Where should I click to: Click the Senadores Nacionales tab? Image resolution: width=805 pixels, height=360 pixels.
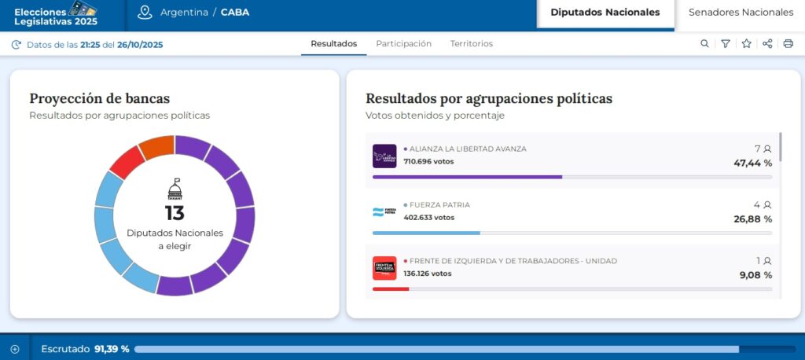click(741, 13)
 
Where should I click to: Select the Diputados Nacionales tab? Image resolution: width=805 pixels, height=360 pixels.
click(605, 13)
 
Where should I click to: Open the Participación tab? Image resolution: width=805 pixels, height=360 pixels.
click(403, 44)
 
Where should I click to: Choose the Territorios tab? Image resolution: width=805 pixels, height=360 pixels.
click(472, 44)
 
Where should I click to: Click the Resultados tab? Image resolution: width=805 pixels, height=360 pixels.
click(333, 44)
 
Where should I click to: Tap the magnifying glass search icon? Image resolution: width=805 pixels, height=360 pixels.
click(704, 44)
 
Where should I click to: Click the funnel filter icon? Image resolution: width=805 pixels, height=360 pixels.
click(726, 44)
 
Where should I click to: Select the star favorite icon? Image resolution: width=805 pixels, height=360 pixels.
click(746, 44)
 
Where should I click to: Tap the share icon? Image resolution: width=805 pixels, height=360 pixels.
click(767, 44)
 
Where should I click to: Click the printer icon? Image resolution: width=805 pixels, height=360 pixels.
click(788, 44)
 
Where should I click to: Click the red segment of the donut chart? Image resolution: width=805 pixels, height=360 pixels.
click(127, 162)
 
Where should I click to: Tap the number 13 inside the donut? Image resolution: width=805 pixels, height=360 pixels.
click(175, 213)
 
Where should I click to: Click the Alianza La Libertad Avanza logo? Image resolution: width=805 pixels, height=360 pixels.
click(384, 156)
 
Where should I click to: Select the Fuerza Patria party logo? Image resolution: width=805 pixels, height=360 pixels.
click(384, 212)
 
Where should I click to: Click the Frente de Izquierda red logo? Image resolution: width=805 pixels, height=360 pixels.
click(384, 268)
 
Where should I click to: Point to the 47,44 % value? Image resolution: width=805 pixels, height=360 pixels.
click(752, 163)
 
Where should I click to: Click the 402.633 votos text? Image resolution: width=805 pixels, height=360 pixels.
click(428, 218)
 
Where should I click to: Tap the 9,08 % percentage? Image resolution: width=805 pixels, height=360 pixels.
click(755, 275)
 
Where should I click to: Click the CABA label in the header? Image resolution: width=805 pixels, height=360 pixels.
click(235, 13)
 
